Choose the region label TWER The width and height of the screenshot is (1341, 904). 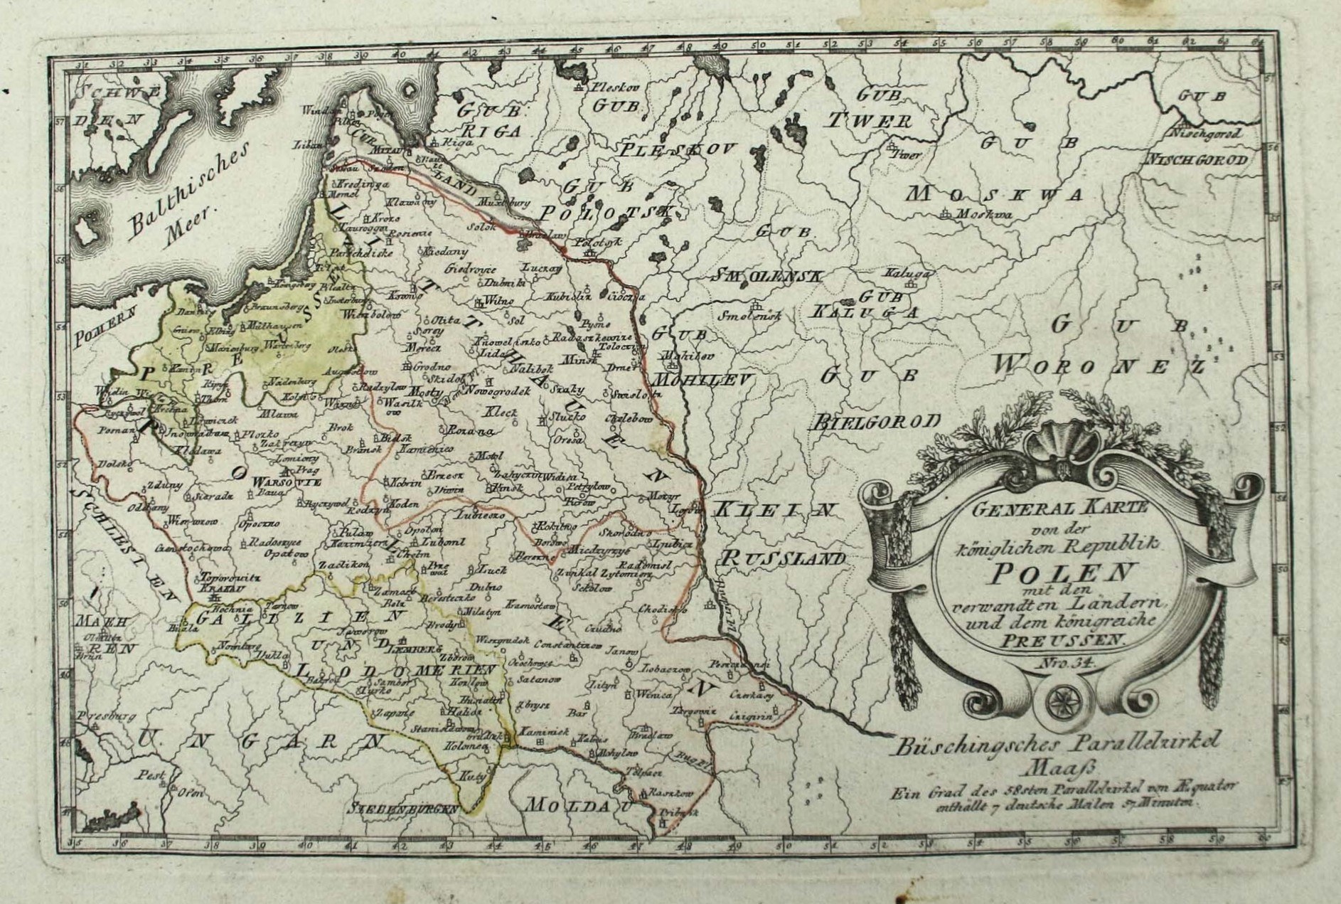pos(868,120)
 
